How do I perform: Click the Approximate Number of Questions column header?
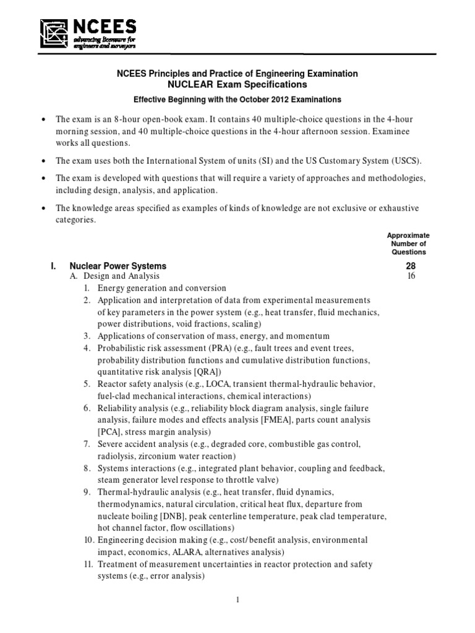[408, 244]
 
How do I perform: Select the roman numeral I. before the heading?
[54, 266]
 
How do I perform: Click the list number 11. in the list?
[88, 564]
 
